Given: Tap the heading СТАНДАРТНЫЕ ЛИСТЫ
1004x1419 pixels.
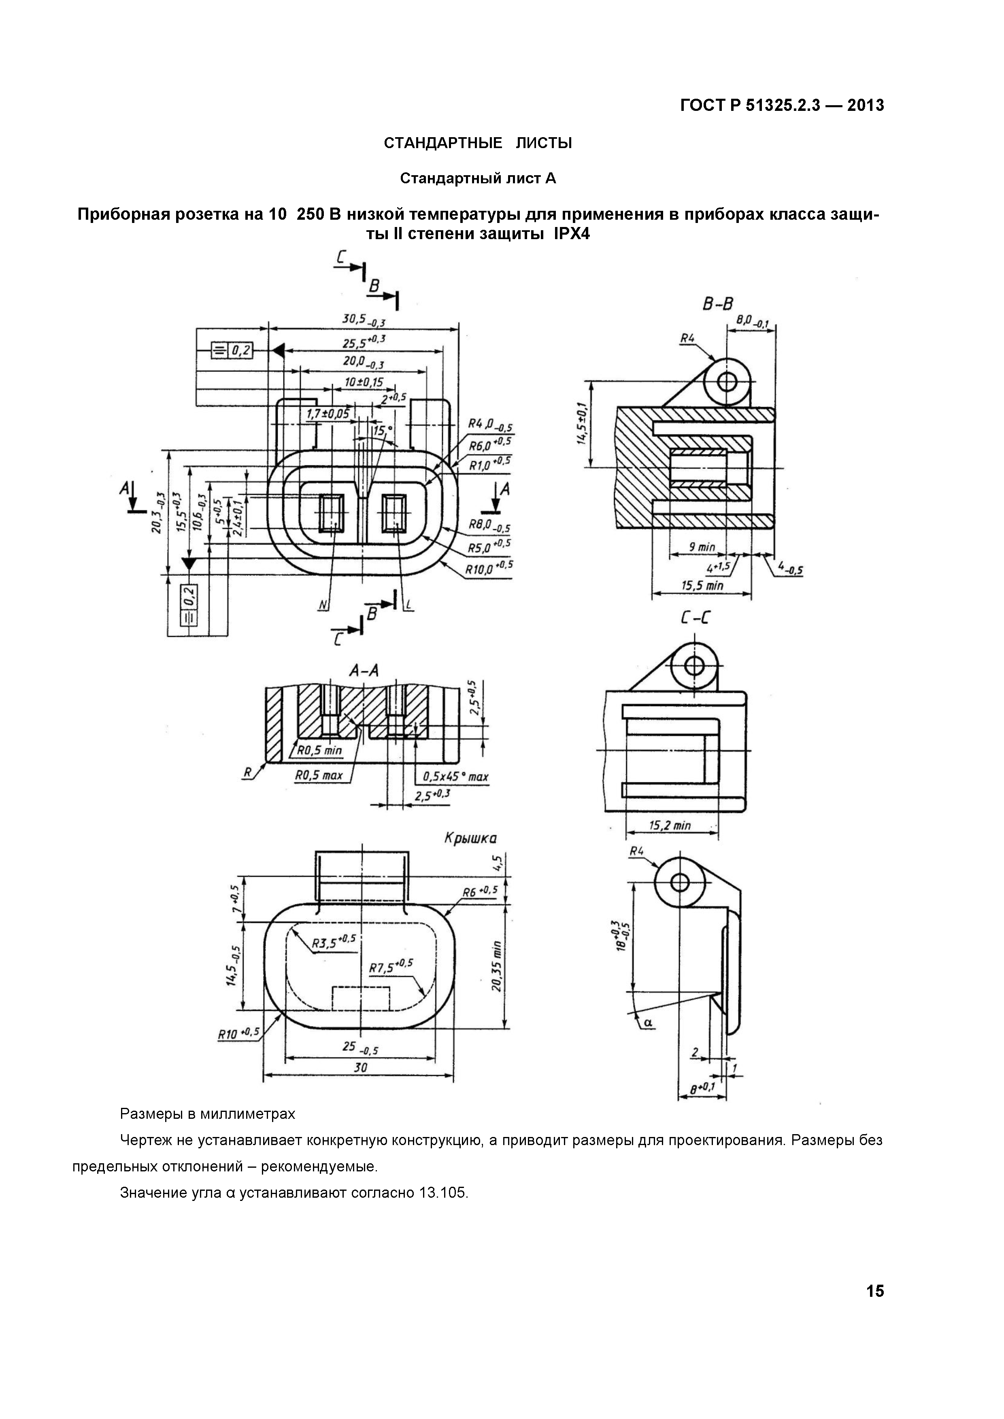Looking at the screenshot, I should coord(477,143).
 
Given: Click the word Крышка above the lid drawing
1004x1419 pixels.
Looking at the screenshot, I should coord(470,839).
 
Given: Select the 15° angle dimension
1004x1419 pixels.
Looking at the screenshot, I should coord(383,430).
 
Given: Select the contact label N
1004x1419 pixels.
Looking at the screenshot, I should coord(323,606).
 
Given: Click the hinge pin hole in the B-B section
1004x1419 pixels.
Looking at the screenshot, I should coord(727,382).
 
